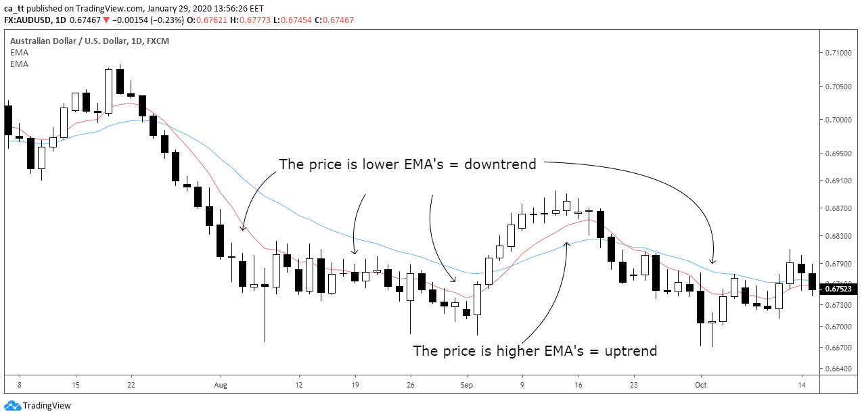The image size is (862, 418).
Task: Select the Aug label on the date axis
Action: coord(220,385)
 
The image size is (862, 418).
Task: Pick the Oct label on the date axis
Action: coord(702,385)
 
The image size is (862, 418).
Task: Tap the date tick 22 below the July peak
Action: coord(131,385)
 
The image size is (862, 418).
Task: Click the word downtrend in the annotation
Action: coord(500,164)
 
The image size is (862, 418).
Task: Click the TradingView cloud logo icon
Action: coord(12,406)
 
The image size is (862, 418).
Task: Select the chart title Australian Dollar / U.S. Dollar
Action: coord(68,41)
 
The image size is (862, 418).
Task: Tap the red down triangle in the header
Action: coord(106,20)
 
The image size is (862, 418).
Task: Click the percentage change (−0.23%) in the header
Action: coord(165,20)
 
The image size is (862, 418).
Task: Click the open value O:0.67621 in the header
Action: coord(206,20)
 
